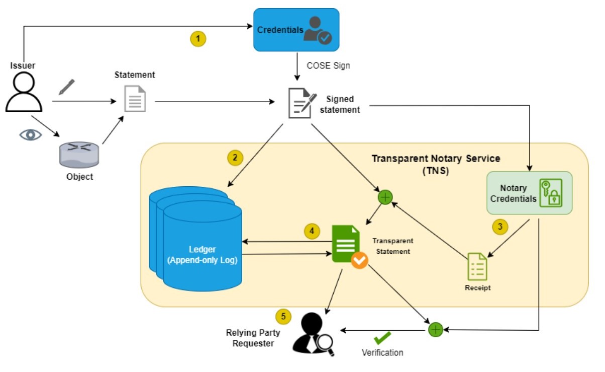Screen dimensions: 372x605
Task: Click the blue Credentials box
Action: pyautogui.click(x=296, y=30)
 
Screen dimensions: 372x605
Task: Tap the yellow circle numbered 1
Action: pyautogui.click(x=198, y=38)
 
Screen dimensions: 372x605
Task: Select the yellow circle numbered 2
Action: pyautogui.click(x=235, y=158)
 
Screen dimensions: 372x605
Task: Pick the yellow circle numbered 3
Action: pyautogui.click(x=499, y=227)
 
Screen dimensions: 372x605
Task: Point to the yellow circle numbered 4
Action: pyautogui.click(x=312, y=231)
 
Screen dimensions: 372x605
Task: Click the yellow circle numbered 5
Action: pyautogui.click(x=284, y=316)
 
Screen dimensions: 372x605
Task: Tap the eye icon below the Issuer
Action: pyautogui.click(x=30, y=134)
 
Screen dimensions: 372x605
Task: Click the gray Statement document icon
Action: pyautogui.click(x=135, y=99)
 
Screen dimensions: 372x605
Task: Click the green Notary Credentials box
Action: pyautogui.click(x=530, y=193)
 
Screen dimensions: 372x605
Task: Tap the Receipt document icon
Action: pyautogui.click(x=477, y=266)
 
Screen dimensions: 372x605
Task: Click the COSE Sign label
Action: pyautogui.click(x=329, y=65)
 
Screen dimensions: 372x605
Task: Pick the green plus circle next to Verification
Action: pyautogui.click(x=435, y=330)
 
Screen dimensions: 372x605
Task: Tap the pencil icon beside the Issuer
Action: pyautogui.click(x=66, y=87)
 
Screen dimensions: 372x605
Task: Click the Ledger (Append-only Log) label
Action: pyautogui.click(x=203, y=255)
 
